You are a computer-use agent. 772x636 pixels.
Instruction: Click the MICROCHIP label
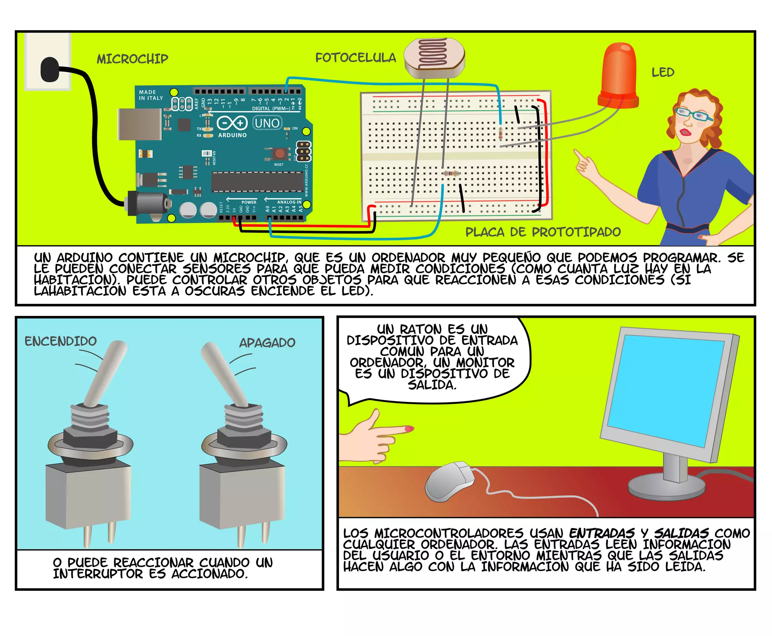click(132, 59)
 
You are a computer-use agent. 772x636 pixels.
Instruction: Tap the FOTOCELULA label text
click(355, 58)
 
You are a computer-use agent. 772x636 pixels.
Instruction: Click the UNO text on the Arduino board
click(267, 123)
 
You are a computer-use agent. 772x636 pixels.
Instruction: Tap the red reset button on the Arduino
click(280, 153)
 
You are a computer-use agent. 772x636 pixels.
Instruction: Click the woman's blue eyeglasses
click(693, 114)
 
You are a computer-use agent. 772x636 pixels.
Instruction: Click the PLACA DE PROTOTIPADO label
click(543, 232)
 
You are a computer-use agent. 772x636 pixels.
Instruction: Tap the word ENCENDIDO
click(61, 341)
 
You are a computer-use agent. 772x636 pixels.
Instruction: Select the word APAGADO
click(267, 343)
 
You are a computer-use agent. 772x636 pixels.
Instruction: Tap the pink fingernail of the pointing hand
click(409, 429)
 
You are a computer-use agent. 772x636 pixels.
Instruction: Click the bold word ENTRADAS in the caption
click(602, 533)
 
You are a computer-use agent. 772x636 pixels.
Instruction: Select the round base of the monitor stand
click(666, 488)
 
